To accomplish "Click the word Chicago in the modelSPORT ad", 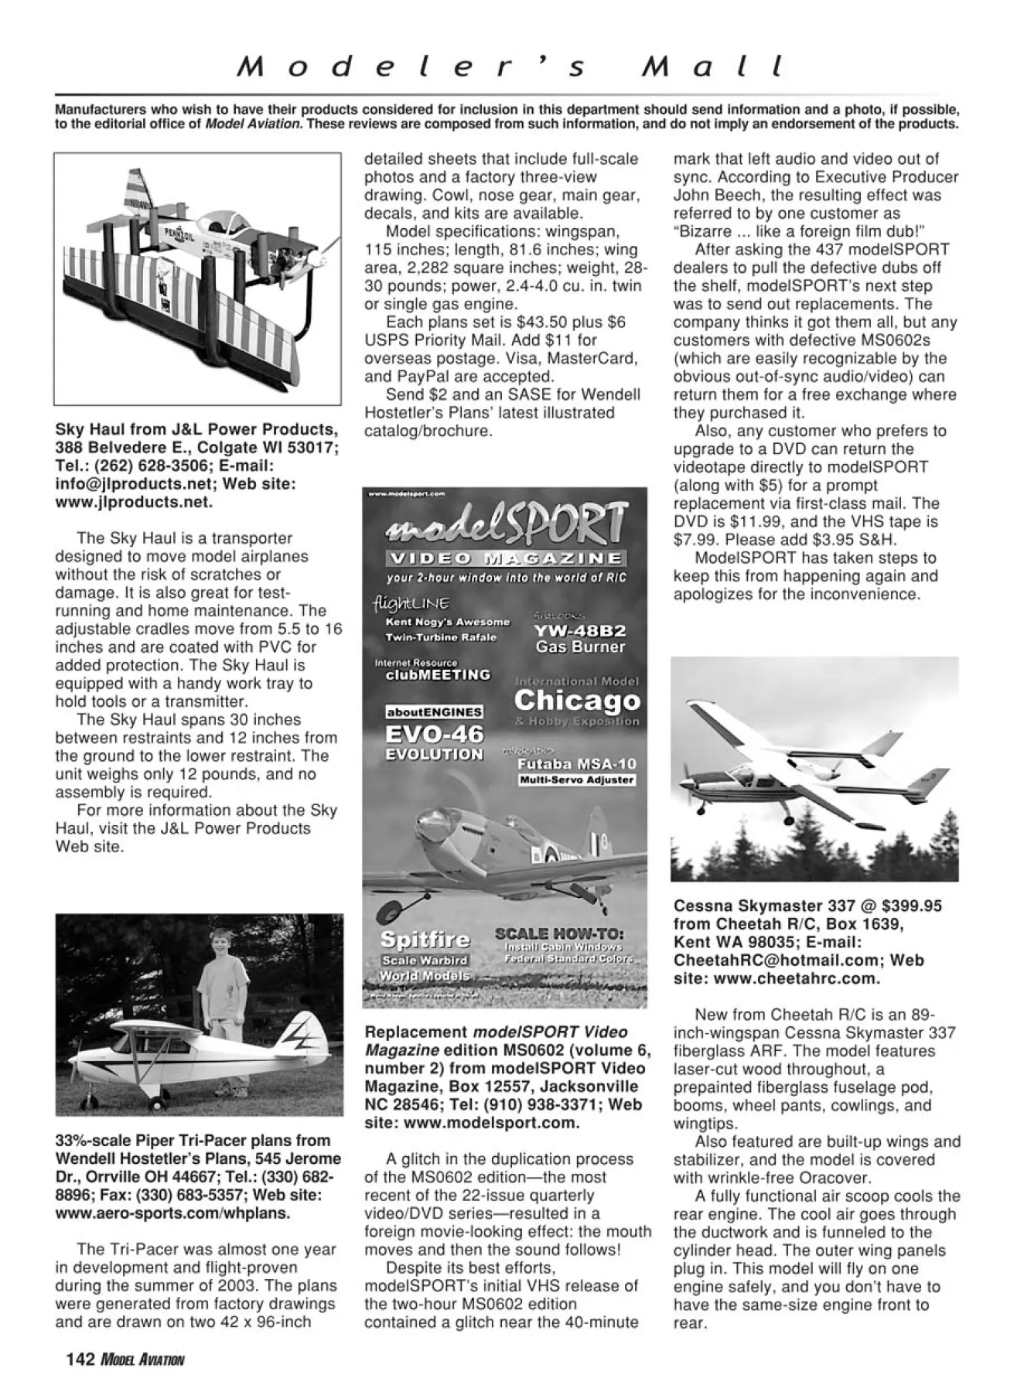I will pos(577,701).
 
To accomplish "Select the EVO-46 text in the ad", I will pos(435,733).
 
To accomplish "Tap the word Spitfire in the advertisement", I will pos(425,940).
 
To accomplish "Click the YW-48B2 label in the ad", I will pos(580,629).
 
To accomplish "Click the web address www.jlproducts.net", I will pos(133,502).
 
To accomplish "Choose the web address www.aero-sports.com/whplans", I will pos(172,1213).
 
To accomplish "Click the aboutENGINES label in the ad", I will pos(434,711).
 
